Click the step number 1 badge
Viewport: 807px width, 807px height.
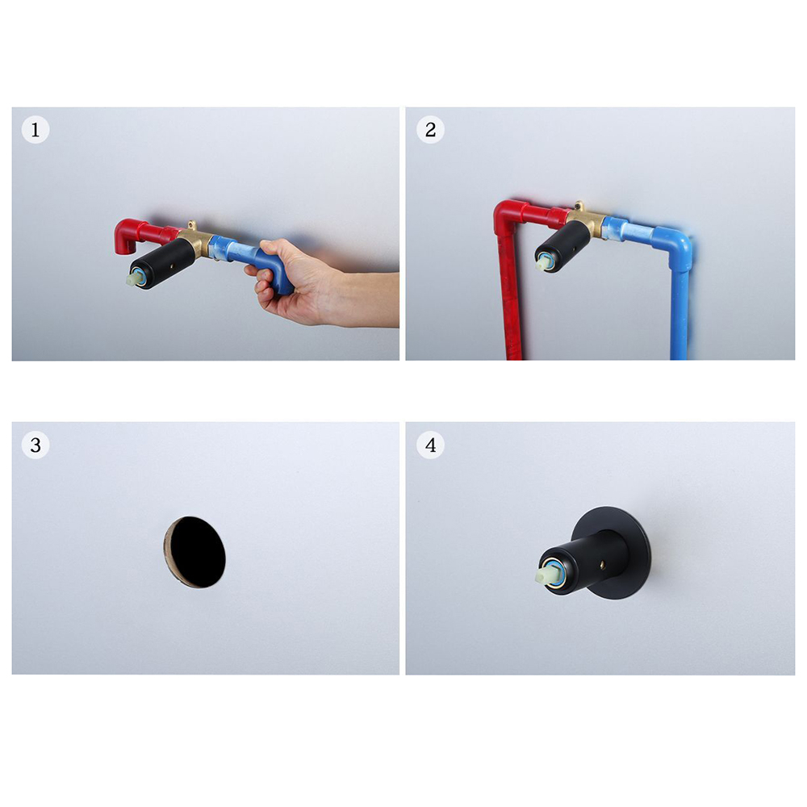[x=36, y=129]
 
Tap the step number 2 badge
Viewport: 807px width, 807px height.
[x=430, y=129]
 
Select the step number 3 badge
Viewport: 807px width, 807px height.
[x=36, y=445]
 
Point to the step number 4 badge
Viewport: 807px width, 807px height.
[x=430, y=445]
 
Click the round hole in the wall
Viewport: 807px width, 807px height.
[x=194, y=552]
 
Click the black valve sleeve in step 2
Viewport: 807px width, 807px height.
[x=563, y=246]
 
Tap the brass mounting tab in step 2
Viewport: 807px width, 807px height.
[x=579, y=206]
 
